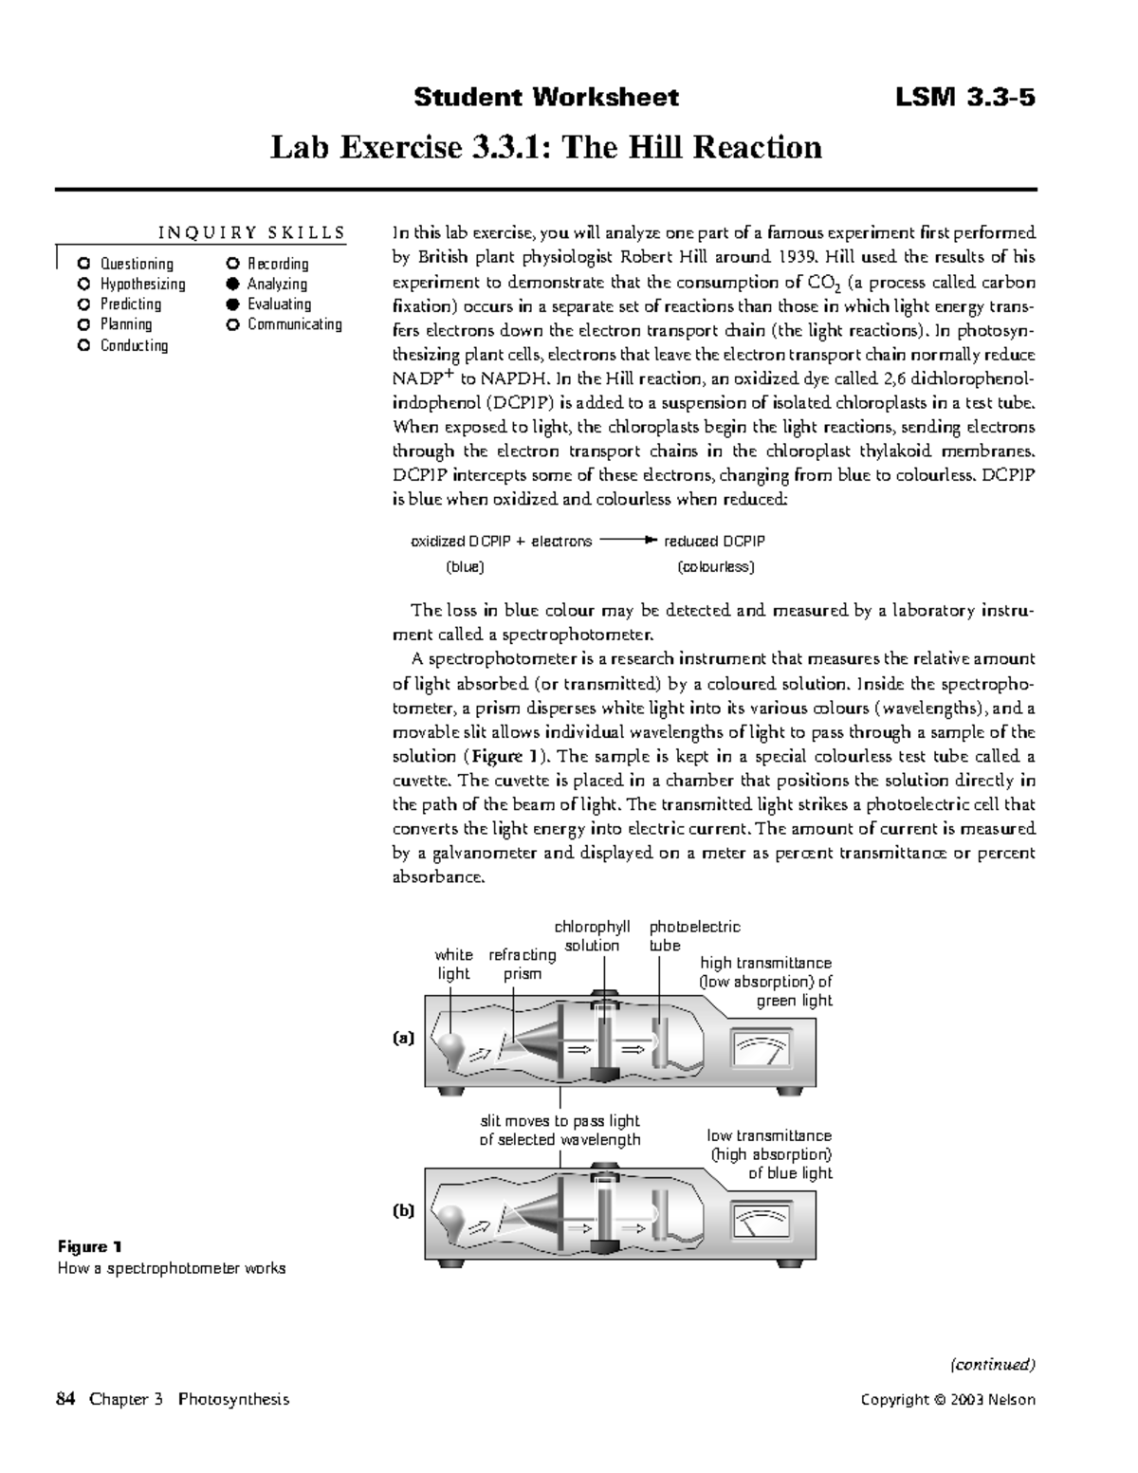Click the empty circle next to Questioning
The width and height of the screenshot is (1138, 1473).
point(84,264)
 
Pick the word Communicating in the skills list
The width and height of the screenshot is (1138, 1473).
point(294,324)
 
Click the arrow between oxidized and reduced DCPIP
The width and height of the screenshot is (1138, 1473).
point(627,541)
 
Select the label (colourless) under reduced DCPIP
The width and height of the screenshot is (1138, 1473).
point(716,567)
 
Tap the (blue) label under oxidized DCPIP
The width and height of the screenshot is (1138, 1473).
point(465,567)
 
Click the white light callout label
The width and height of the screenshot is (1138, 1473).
point(453,964)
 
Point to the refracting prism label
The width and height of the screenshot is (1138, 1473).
point(522,964)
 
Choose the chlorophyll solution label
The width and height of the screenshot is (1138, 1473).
point(592,935)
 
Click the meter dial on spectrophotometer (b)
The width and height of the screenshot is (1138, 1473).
point(762,1222)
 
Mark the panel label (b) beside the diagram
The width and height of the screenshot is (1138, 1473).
point(405,1211)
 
